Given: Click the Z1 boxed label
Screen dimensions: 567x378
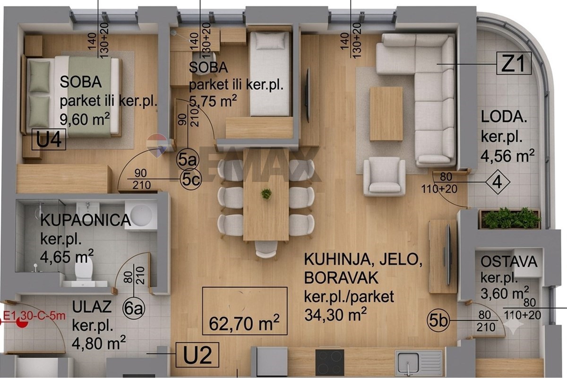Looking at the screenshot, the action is (514, 63).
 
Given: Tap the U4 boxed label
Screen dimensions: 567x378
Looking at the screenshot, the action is (49, 139).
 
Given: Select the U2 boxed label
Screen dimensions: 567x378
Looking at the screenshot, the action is (197, 355).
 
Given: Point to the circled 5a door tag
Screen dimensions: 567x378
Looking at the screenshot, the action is (188, 160).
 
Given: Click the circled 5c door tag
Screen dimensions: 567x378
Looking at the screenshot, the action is (191, 179).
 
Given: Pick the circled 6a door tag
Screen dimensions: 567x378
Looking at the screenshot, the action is (134, 309).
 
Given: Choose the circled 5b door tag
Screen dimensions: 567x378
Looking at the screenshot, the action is (439, 321).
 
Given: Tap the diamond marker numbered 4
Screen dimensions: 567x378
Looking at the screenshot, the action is (498, 182).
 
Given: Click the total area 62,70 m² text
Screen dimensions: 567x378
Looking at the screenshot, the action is (244, 323).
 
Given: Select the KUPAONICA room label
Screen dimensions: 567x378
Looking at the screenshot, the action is (86, 220).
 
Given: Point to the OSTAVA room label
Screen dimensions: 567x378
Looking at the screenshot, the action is (509, 262).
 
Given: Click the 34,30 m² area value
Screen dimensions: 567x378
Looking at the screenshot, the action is (335, 315).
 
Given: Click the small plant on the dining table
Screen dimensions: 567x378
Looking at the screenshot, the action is (266, 194).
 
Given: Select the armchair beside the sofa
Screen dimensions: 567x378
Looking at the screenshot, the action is (384, 176).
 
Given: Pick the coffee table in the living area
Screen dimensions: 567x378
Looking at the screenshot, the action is (387, 114).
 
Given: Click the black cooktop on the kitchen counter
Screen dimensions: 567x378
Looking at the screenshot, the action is (330, 362).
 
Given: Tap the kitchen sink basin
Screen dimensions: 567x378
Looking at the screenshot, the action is (408, 363).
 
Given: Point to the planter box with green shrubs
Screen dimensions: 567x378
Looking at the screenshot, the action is (510, 219).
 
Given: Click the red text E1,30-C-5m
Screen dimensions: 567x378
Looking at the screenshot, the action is (34, 316).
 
